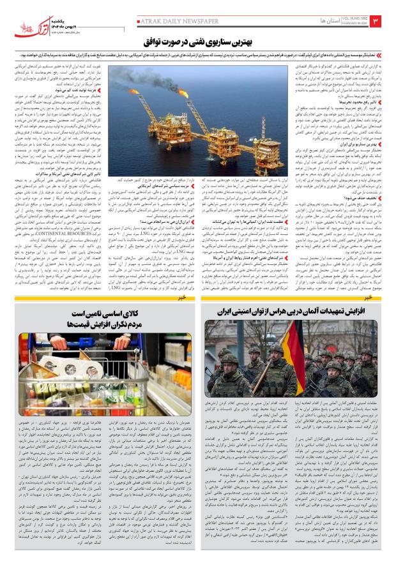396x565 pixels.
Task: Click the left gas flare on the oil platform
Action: point(144,82)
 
